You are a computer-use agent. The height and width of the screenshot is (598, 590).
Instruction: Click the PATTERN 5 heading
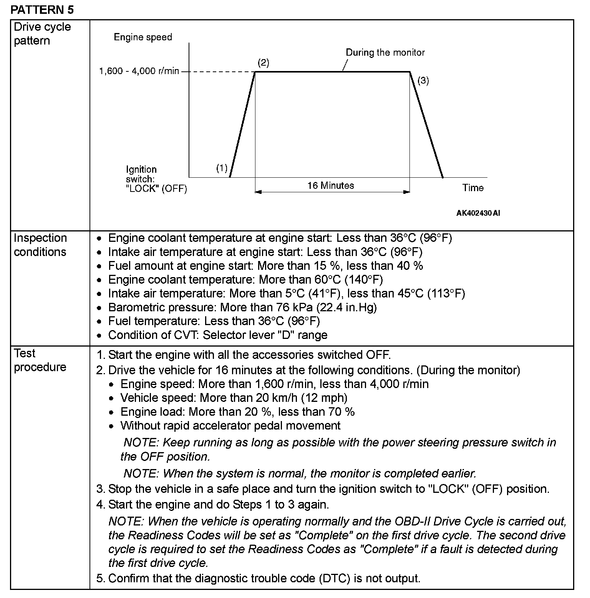42,10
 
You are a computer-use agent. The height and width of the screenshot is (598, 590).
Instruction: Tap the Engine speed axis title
143,37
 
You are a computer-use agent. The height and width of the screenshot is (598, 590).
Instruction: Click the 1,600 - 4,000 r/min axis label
139,71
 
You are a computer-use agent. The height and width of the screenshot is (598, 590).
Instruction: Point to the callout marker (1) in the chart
222,168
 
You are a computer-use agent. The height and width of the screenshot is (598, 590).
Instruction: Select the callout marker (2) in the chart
263,63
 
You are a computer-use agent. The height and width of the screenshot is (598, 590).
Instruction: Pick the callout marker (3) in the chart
423,81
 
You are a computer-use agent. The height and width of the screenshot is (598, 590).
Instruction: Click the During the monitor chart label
385,53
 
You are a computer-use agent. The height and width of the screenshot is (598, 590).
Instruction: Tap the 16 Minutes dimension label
330,186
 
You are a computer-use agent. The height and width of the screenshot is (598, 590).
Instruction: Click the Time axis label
473,188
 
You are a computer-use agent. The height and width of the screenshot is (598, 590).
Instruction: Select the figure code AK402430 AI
478,213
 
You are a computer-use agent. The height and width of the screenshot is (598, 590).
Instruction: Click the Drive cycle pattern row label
42,34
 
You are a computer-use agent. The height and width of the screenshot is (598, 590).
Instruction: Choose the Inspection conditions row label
40,245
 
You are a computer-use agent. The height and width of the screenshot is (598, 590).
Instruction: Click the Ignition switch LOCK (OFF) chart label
156,179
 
